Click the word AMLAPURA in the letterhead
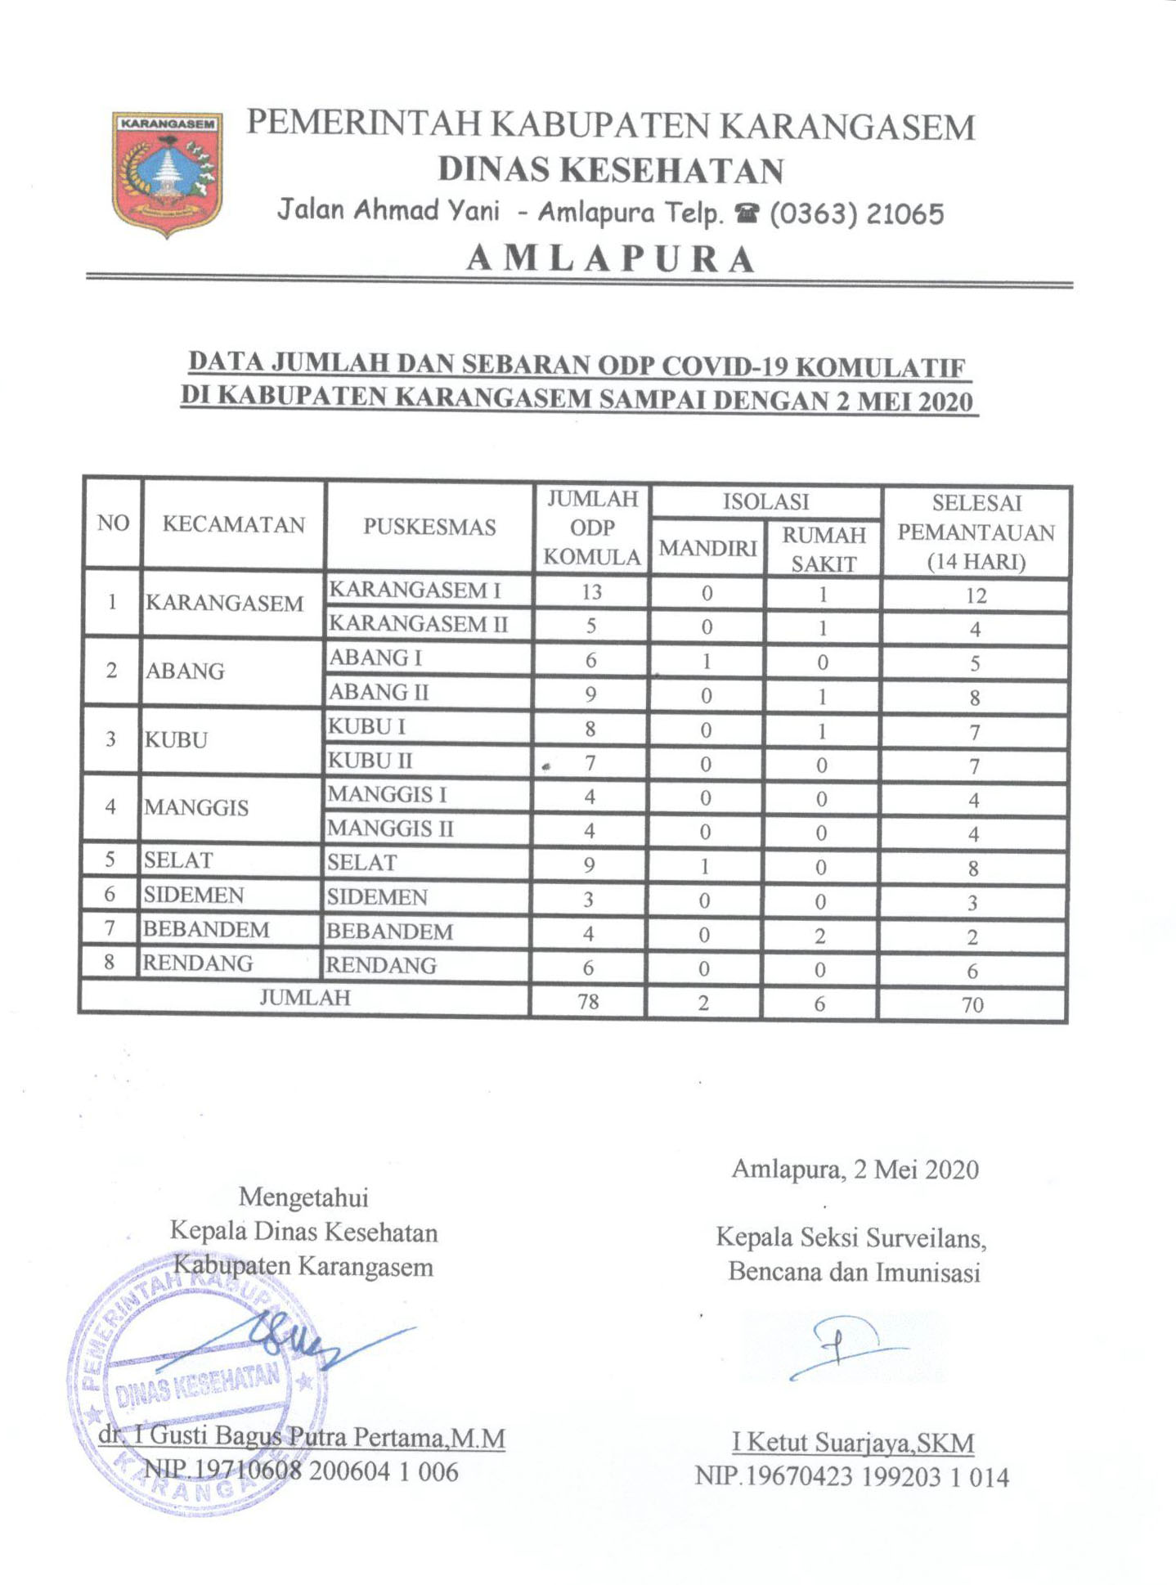(x=610, y=259)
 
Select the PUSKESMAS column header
(x=429, y=527)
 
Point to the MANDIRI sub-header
(x=707, y=548)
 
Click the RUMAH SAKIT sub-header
(x=824, y=549)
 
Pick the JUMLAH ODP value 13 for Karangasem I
(x=591, y=592)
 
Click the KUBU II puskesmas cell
(x=370, y=761)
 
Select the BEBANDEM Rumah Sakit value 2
(x=820, y=936)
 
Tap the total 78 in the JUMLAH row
(x=588, y=1001)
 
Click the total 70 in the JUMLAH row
(x=972, y=1004)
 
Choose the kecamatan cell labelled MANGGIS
(x=196, y=808)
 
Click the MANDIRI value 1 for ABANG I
(x=707, y=661)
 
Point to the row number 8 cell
(x=110, y=963)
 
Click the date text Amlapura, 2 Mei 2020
(x=855, y=1170)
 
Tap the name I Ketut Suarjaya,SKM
(x=852, y=1443)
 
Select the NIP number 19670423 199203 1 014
(x=852, y=1477)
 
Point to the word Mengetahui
(x=303, y=1197)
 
